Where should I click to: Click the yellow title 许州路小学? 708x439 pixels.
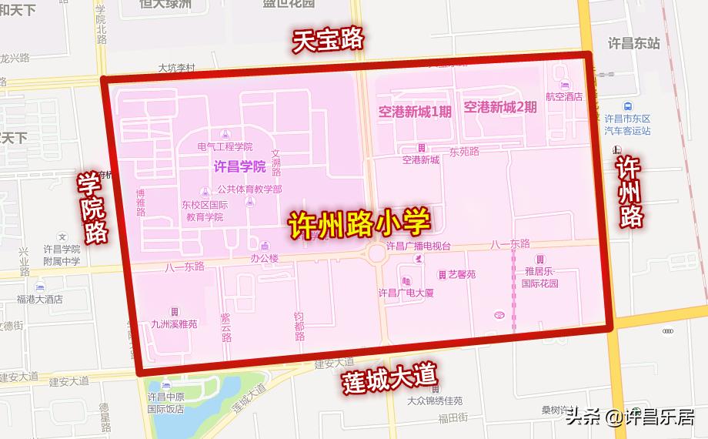click(x=359, y=223)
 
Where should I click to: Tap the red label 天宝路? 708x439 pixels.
click(x=327, y=41)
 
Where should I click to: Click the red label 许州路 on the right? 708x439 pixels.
click(x=629, y=192)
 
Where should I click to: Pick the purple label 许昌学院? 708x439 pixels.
click(x=239, y=166)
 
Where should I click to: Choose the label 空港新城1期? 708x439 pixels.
click(x=415, y=111)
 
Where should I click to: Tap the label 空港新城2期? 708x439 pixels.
click(x=500, y=107)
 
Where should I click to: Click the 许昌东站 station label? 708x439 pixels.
click(x=633, y=44)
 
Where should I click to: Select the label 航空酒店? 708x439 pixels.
click(x=563, y=97)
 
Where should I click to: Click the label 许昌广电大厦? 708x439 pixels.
click(x=406, y=293)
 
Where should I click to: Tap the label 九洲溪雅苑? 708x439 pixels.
click(x=174, y=323)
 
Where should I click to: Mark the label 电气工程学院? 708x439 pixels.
click(x=225, y=146)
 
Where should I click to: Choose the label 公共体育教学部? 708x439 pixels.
click(x=249, y=189)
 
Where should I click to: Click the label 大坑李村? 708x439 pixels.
click(x=178, y=68)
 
